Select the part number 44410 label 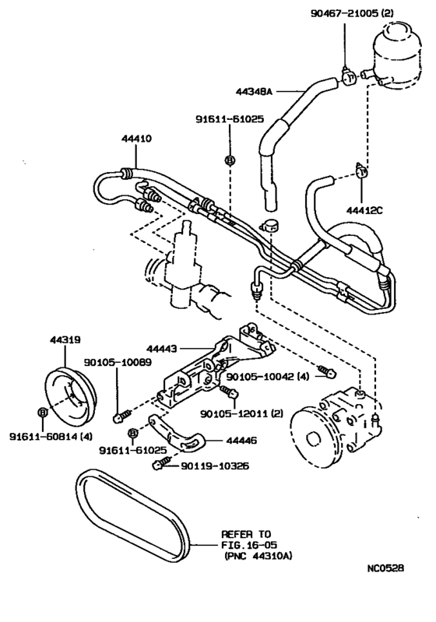[136, 138]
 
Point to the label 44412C [364, 209]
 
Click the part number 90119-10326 [209, 466]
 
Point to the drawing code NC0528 [387, 590]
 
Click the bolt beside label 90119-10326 [159, 465]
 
